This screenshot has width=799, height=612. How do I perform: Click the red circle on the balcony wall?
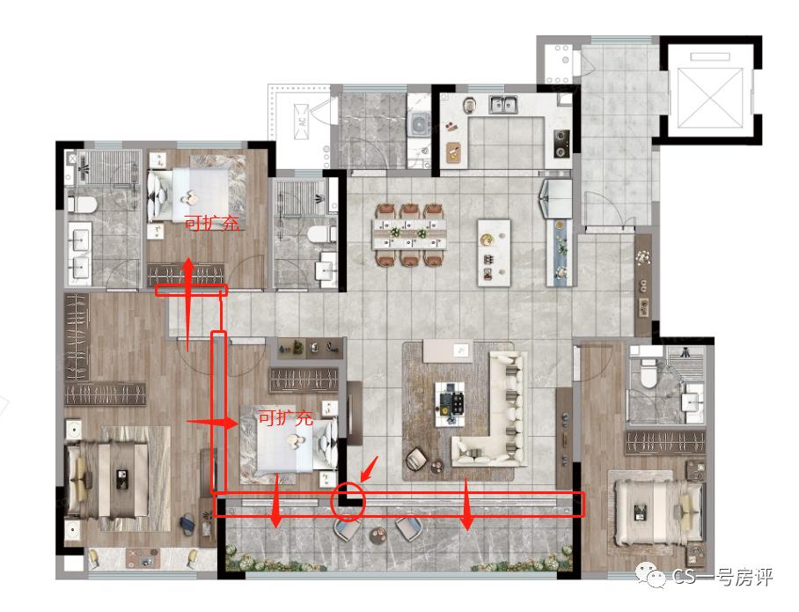tap(331, 502)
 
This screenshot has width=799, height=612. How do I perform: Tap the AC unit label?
tap(302, 122)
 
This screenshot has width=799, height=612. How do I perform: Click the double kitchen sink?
tap(502, 105)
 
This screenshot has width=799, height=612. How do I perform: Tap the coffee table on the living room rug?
tap(450, 404)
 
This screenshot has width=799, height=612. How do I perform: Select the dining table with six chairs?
tap(408, 234)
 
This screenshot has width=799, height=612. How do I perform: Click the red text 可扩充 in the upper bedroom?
tap(211, 224)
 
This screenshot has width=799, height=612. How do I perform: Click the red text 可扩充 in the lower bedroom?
tap(285, 418)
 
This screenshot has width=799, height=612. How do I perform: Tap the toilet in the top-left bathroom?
tap(83, 205)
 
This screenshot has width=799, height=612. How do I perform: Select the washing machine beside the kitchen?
tap(420, 124)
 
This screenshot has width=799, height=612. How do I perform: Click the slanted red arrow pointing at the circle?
tap(370, 468)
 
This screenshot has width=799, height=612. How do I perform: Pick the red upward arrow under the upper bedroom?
tap(188, 305)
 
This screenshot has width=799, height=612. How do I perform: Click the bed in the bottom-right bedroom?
tap(657, 512)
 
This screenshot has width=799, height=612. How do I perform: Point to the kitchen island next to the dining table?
tap(494, 253)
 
